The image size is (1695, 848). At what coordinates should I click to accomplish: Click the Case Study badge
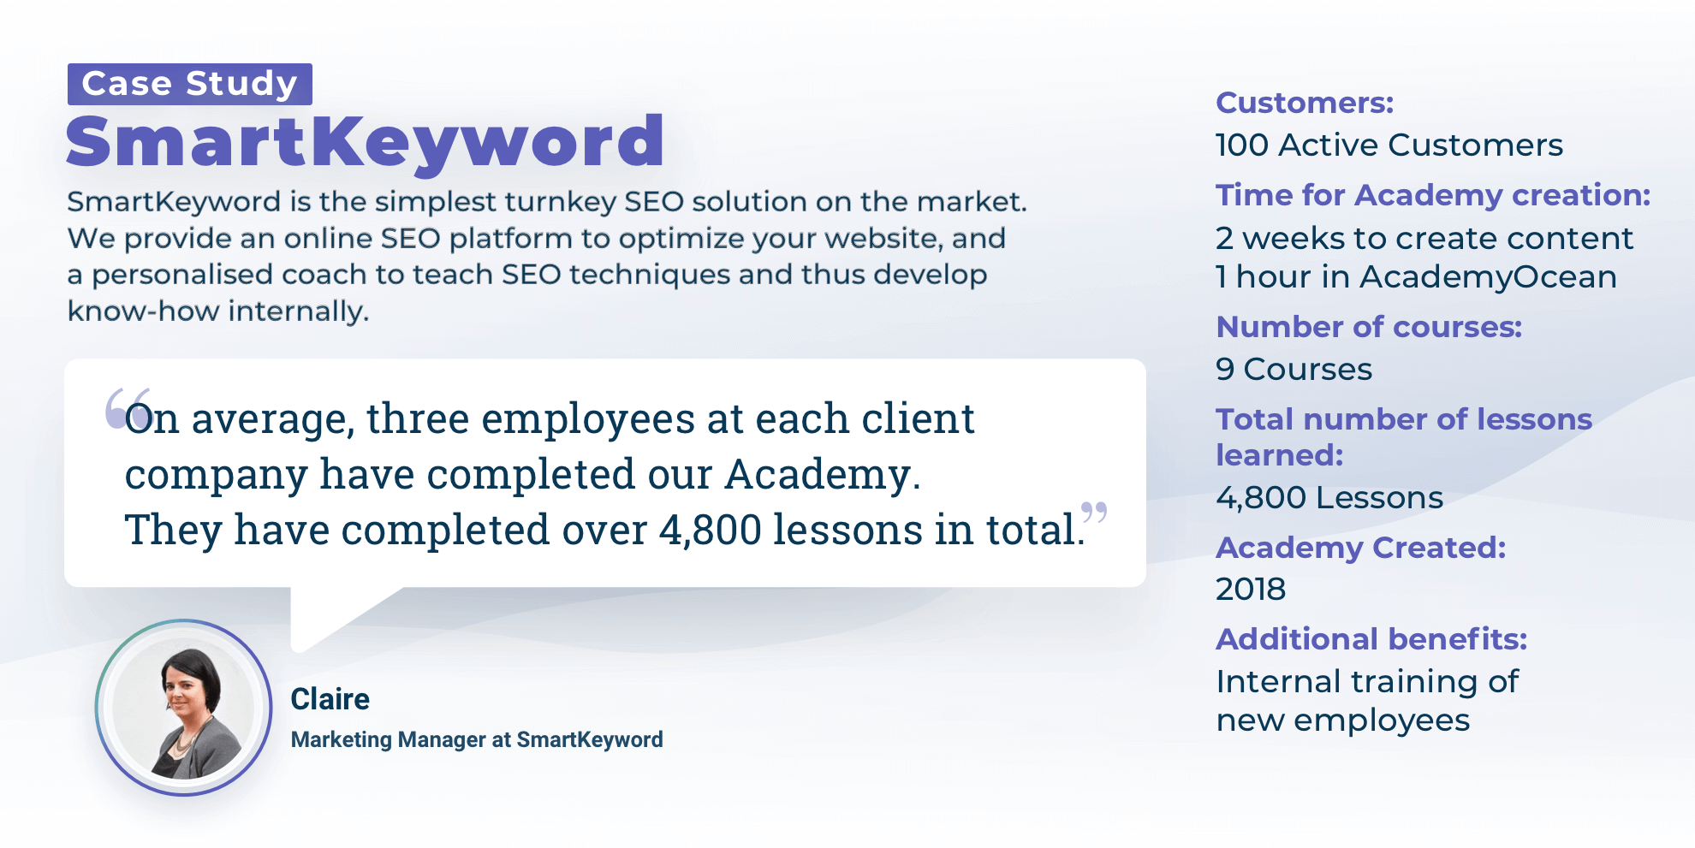(190, 84)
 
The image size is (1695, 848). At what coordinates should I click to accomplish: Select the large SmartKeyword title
(366, 141)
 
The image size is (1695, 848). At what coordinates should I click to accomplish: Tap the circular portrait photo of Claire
(183, 708)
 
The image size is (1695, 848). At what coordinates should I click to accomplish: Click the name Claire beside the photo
(330, 699)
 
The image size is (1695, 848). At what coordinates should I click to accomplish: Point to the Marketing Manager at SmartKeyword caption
(477, 739)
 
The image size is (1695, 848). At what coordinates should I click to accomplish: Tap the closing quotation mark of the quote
(1094, 513)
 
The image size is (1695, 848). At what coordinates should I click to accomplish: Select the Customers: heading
(1305, 103)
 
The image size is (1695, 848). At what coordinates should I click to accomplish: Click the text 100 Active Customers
(1389, 145)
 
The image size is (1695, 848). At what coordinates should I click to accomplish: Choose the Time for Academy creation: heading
(1433, 195)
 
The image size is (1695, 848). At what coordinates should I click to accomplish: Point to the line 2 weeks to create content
(1424, 238)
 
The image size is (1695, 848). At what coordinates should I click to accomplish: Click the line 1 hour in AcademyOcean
(1417, 277)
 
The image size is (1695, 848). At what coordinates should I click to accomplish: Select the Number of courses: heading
(1369, 327)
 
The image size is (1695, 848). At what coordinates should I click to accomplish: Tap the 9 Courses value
(1294, 370)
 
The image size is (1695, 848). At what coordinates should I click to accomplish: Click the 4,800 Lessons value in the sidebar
(1329, 498)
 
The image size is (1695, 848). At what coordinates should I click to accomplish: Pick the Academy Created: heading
(1361, 548)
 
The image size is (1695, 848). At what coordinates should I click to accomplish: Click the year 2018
(1251, 590)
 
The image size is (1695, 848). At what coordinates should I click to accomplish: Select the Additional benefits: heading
(1371, 639)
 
